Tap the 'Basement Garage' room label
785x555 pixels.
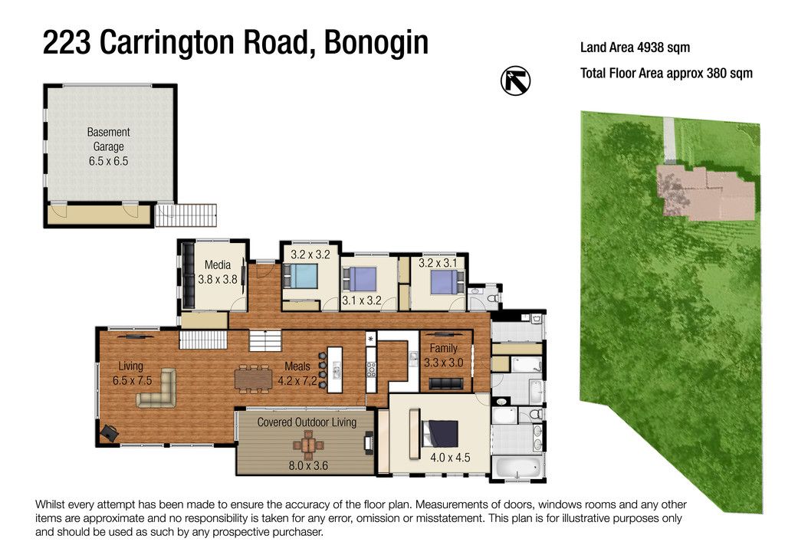[108, 140]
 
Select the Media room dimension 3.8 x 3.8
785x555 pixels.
[218, 280]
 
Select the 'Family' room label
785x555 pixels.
[443, 349]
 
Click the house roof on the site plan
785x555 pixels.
[702, 191]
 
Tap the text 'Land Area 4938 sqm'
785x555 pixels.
[635, 48]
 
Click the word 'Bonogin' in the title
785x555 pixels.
[376, 43]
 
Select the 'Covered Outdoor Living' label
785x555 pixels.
[307, 422]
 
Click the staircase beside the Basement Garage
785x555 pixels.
[186, 215]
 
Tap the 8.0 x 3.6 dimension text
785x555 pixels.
[307, 465]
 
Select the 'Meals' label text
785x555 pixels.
[297, 366]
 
